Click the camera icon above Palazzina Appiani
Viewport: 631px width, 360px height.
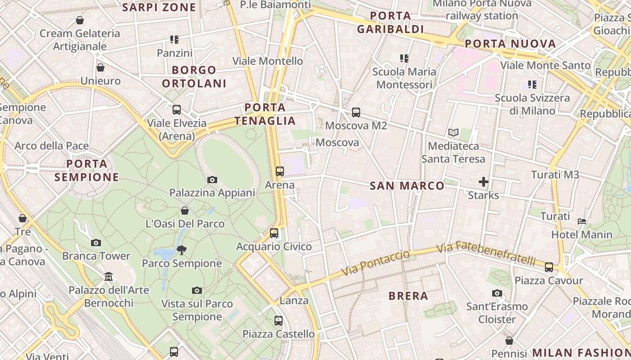click(212, 180)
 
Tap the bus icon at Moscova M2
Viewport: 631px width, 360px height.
click(356, 112)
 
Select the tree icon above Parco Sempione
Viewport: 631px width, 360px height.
click(182, 250)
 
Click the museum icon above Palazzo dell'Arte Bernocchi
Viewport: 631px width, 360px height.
click(109, 276)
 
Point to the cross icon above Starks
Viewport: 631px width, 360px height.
click(484, 182)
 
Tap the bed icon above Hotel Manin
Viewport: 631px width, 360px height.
click(582, 221)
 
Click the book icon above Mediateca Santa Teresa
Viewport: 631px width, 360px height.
click(453, 133)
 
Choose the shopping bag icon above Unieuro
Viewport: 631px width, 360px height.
click(101, 67)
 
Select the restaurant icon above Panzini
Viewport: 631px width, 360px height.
click(174, 40)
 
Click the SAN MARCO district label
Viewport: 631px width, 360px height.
click(407, 186)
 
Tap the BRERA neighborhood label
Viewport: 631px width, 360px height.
click(408, 296)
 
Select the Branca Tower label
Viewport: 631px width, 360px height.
click(96, 256)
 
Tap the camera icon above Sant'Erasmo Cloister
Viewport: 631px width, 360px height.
click(497, 293)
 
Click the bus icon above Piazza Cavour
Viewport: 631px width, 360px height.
click(549, 267)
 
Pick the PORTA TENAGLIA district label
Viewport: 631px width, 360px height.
click(265, 114)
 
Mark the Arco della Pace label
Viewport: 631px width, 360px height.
click(51, 146)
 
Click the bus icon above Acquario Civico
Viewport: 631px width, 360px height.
click(274, 233)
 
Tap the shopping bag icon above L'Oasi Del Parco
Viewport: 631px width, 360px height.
click(185, 211)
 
